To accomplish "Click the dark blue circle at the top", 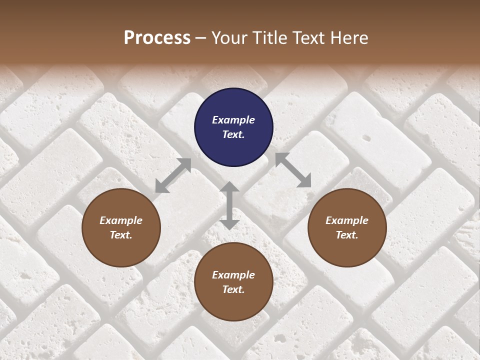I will coord(233,127).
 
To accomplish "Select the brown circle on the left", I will coord(121,228).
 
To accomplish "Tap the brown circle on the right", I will coord(347,228).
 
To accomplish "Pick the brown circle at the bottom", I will coord(233,282).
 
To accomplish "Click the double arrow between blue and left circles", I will coord(173,175).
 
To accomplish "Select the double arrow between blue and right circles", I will coord(293,170).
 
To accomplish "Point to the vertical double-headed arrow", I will coord(229,205).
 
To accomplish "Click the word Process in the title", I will coord(157,37).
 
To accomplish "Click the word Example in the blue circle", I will coord(233,120).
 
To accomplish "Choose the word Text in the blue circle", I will coord(232,134).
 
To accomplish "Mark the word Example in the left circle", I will coord(121,220).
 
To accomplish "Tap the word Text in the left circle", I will coord(120,235).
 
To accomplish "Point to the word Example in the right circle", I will coord(347,220).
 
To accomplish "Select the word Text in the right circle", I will coord(346,235).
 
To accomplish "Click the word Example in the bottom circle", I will coord(233,275).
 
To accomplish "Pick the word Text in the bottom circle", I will coord(232,289).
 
